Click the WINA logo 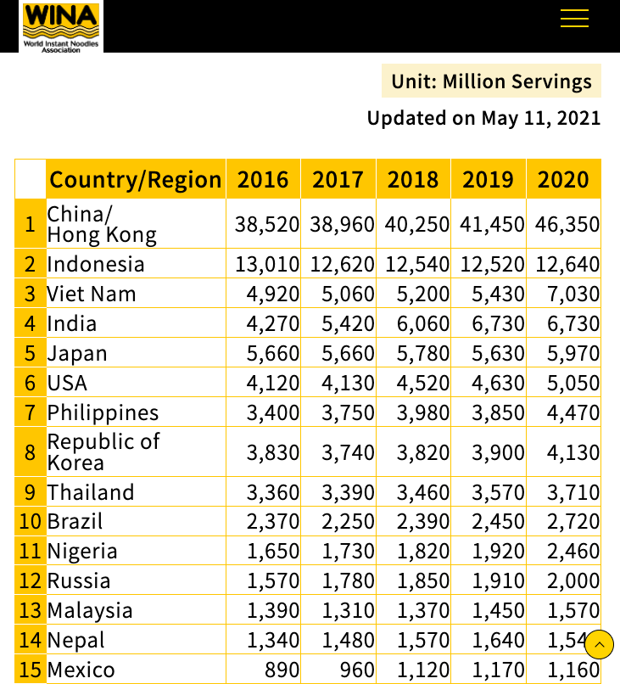pyautogui.click(x=61, y=26)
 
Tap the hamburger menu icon pyautogui.click(x=574, y=19)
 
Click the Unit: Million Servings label pyautogui.click(x=491, y=81)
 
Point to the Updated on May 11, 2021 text pyautogui.click(x=483, y=118)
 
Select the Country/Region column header pyautogui.click(x=136, y=180)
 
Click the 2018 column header pyautogui.click(x=413, y=180)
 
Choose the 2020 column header pyautogui.click(x=563, y=180)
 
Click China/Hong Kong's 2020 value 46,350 pyautogui.click(x=567, y=225)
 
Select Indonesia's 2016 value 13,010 pyautogui.click(x=266, y=264)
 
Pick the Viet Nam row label pyautogui.click(x=92, y=294)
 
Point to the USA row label pyautogui.click(x=68, y=384)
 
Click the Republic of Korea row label pyautogui.click(x=103, y=452)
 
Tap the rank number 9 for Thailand pyautogui.click(x=31, y=493)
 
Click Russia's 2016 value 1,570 pyautogui.click(x=273, y=581)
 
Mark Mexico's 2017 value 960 pyautogui.click(x=356, y=670)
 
